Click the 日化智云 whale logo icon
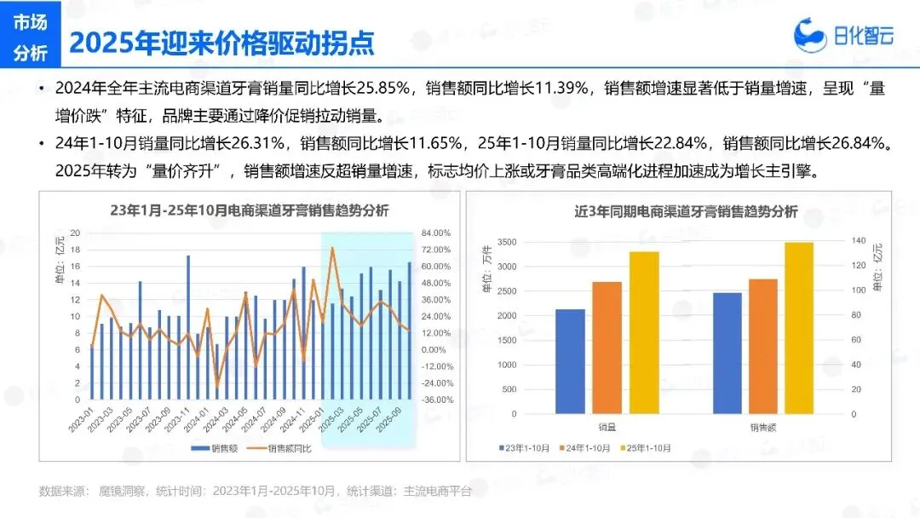810,35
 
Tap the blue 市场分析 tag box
31,35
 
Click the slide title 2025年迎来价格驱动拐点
221,43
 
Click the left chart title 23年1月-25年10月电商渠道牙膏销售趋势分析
250,210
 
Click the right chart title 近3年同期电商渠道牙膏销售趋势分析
686,212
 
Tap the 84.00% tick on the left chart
436,233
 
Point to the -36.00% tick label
437,400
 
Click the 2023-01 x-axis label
80,420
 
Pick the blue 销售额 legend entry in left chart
215,449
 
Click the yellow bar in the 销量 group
644,332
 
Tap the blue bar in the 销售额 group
727,354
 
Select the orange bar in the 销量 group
607,348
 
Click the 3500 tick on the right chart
507,242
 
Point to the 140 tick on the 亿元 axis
859,240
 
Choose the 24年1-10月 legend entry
585,448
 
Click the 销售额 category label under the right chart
762,428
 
